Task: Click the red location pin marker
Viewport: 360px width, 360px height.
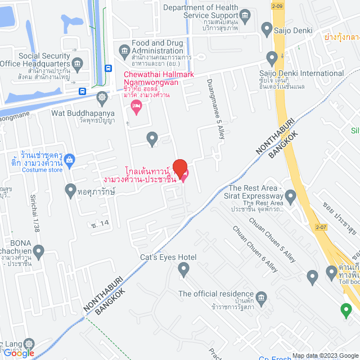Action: pos(179,167)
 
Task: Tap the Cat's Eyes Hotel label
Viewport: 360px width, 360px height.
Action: pos(168,257)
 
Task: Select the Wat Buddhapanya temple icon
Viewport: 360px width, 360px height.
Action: pos(102,97)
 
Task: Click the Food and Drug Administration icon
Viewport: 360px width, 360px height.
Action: pos(124,51)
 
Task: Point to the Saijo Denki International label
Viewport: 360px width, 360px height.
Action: pos(301,73)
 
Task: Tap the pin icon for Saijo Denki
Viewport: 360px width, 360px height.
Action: pos(267,28)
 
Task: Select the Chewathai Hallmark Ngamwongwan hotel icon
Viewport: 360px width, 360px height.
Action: pos(135,106)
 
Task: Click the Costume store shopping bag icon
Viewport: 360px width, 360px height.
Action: pos(69,159)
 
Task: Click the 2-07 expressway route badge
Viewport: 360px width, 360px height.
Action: pos(321,227)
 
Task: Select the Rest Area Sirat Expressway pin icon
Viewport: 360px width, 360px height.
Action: pos(290,197)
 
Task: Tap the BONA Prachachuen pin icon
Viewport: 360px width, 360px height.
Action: pos(39,251)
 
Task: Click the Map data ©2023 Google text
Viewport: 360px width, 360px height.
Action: pos(325,355)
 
